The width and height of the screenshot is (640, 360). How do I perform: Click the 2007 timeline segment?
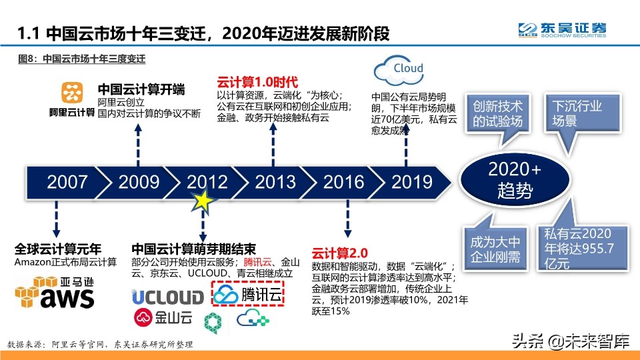pos(67,181)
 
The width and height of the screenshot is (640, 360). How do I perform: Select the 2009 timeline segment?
pos(139,181)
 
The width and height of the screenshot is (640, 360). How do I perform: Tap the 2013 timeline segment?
pos(275,181)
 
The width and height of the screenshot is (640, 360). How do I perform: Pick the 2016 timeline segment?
pos(344,181)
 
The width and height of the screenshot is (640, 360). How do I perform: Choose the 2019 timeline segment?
pos(411,181)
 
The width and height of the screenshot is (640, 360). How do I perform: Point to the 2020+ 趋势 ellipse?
pos(515,180)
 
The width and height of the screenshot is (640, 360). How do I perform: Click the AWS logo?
pos(57,294)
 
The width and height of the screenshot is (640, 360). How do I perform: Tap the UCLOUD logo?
pos(167,297)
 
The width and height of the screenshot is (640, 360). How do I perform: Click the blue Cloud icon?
pos(399,69)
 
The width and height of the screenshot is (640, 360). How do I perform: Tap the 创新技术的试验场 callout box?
pos(497,113)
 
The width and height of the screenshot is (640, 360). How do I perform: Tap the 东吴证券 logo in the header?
pos(563,30)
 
